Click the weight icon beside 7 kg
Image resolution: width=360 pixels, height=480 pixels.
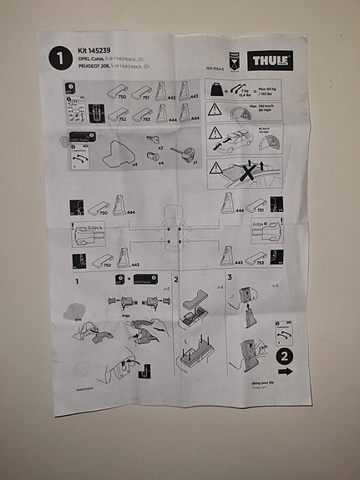[216, 89]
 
